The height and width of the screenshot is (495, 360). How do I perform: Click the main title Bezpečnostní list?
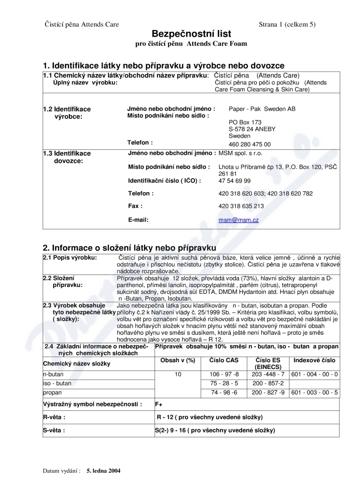191,34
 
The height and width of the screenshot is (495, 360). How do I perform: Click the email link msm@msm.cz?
238,220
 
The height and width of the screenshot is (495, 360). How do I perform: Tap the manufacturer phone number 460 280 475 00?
250,144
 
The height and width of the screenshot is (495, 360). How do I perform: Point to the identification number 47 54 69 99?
234,181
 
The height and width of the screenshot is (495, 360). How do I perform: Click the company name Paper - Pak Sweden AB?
262,109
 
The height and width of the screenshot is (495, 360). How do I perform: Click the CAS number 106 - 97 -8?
225,374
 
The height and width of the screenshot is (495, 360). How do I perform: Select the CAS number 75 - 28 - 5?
225,383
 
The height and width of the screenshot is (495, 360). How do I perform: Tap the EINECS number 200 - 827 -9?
268,392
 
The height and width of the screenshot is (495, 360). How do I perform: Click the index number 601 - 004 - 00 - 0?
315,374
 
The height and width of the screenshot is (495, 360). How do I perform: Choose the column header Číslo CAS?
225,360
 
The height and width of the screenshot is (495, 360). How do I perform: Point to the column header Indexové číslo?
315,360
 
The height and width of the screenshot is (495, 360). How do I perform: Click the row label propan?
53,392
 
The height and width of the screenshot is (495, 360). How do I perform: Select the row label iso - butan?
57,383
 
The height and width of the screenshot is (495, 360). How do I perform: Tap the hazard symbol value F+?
159,404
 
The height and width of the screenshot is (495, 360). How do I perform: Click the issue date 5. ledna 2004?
103,471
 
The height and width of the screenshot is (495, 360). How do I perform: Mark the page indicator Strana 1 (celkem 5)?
287,24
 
